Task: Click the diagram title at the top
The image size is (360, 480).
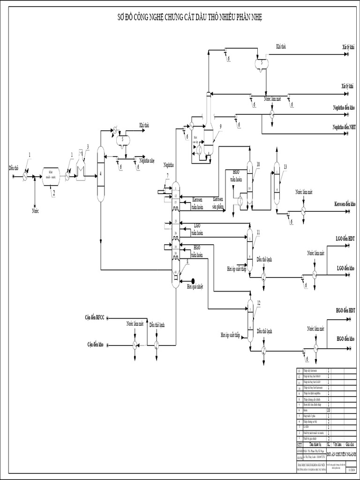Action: pos(189,17)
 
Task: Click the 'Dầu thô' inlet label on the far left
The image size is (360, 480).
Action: pos(14,167)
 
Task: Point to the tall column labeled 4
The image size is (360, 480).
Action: pos(101,173)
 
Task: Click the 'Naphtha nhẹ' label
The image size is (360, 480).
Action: pos(147,160)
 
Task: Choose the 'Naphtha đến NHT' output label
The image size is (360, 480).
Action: pos(344,127)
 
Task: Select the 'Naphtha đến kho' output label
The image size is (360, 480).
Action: pos(344,107)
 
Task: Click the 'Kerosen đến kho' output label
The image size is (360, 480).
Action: pos(345,205)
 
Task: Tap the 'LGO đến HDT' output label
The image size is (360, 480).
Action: pos(345,239)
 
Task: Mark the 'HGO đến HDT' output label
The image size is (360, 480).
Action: pos(345,311)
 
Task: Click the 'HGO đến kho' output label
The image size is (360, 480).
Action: pos(345,338)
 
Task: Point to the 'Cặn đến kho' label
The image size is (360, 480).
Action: pos(95,345)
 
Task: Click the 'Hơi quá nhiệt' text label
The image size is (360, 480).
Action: pos(195,286)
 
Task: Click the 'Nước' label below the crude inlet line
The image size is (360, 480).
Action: pos(35,211)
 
